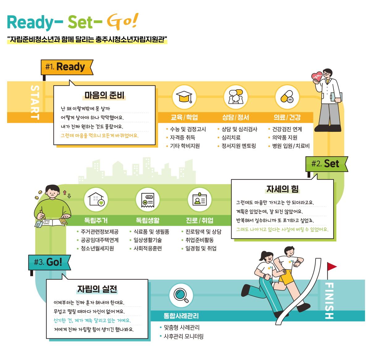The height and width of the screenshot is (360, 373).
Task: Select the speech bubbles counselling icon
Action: pyautogui.click(x=235, y=97)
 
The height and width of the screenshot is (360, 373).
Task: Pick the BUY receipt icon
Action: pyautogui.click(x=147, y=199)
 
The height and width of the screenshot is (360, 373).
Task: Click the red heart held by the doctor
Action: pyautogui.click(x=316, y=77)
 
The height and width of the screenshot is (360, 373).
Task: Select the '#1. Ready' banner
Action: pyautogui.click(x=67, y=67)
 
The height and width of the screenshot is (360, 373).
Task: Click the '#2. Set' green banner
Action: pyautogui.click(x=326, y=164)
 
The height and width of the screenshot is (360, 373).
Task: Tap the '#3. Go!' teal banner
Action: pyautogui.click(x=49, y=262)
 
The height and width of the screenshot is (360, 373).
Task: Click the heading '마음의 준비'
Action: pyautogui.click(x=104, y=95)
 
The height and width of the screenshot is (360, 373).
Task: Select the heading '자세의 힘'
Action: pyautogui.click(x=282, y=189)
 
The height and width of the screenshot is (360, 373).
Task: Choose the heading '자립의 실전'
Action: pyautogui.click(x=97, y=289)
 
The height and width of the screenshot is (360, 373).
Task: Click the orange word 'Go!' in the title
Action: pyautogui.click(x=122, y=22)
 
